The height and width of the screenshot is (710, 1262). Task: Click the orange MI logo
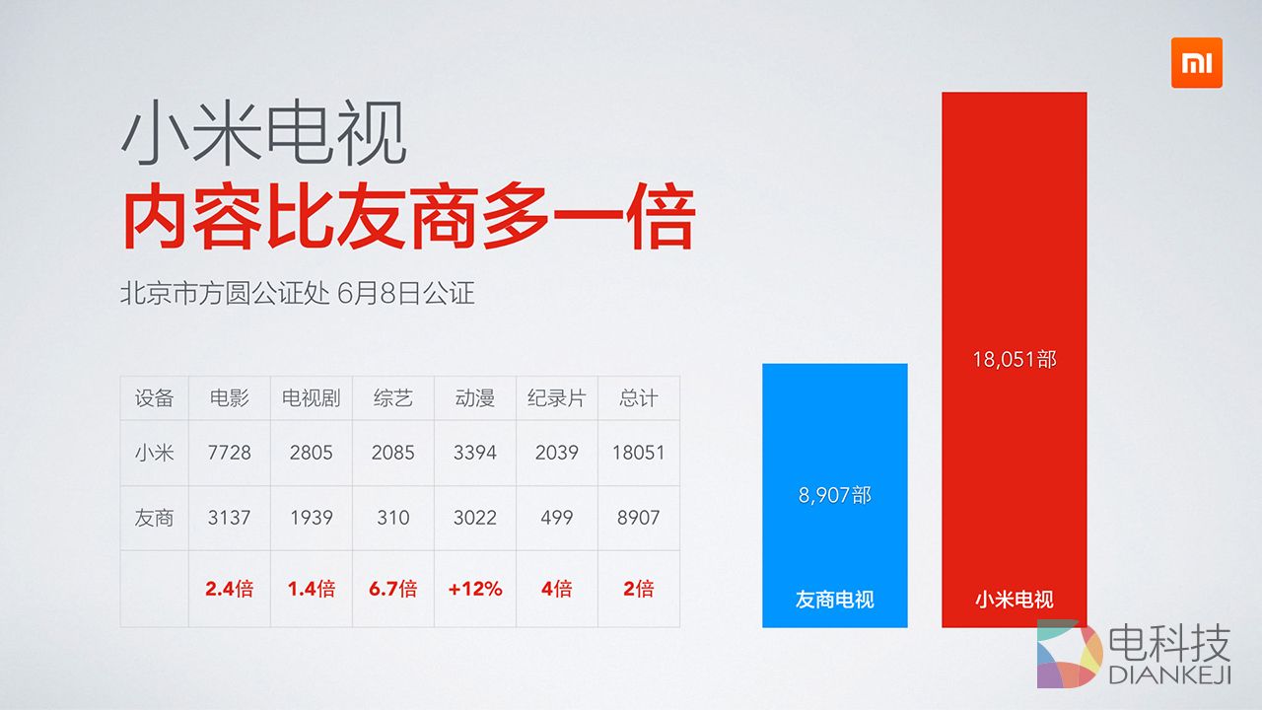click(1196, 63)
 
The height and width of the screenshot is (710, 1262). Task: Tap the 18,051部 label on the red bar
click(1014, 360)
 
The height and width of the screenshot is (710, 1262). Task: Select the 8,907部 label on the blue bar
click(834, 495)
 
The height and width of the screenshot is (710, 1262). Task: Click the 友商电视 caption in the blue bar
click(834, 599)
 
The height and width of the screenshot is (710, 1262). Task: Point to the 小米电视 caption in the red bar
click(1014, 599)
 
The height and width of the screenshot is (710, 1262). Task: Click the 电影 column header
click(229, 398)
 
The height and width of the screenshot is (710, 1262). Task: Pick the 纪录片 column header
click(556, 398)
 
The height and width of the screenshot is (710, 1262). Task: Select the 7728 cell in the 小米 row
click(229, 453)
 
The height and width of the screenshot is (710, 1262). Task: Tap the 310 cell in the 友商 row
click(392, 518)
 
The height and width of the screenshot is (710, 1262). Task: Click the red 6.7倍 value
click(392, 589)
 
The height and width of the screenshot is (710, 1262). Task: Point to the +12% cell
click(474, 589)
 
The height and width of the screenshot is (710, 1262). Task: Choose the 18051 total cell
click(638, 453)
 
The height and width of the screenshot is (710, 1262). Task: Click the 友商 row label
click(154, 518)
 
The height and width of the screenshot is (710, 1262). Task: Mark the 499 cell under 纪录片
click(556, 518)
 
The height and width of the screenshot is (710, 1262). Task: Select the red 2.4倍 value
click(229, 589)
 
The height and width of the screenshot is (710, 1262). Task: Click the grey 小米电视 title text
click(263, 135)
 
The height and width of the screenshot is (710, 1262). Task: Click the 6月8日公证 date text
click(405, 294)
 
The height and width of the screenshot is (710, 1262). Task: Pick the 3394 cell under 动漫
click(474, 453)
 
